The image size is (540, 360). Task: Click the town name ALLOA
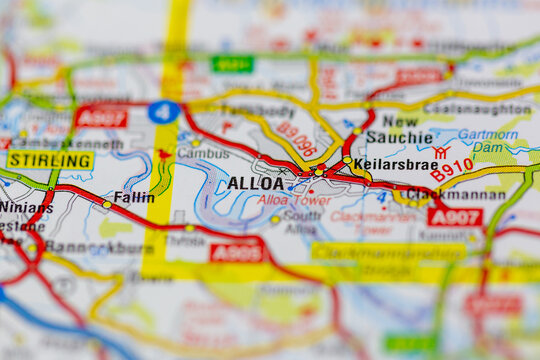(255, 183)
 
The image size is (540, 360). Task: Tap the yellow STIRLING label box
(50, 160)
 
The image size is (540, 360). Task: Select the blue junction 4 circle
(163, 112)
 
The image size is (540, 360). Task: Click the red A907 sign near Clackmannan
(454, 217)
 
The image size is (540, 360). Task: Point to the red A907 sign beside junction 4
(101, 117)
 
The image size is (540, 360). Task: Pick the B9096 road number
(297, 139)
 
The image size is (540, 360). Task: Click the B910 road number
(452, 170)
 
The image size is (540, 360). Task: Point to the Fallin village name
(134, 197)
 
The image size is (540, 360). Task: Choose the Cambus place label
(203, 153)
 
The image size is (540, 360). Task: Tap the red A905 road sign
(236, 252)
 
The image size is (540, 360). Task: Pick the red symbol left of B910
(440, 152)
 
